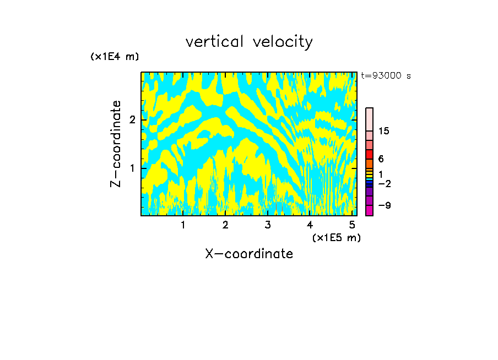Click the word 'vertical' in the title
coord(214,42)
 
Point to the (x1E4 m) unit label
coord(115,57)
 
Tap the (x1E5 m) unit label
coord(336,237)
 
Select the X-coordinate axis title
coord(249,254)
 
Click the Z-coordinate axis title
coord(116,144)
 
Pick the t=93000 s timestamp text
coord(386,76)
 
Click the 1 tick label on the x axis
coord(183,225)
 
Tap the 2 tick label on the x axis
coord(225,225)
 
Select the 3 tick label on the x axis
coord(268,225)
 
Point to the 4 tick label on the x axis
coord(310,225)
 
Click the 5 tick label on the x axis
coord(352,225)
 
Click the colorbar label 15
coord(384,131)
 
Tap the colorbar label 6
coord(381,159)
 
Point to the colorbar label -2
coord(385,183)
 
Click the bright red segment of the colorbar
coord(369,154)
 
